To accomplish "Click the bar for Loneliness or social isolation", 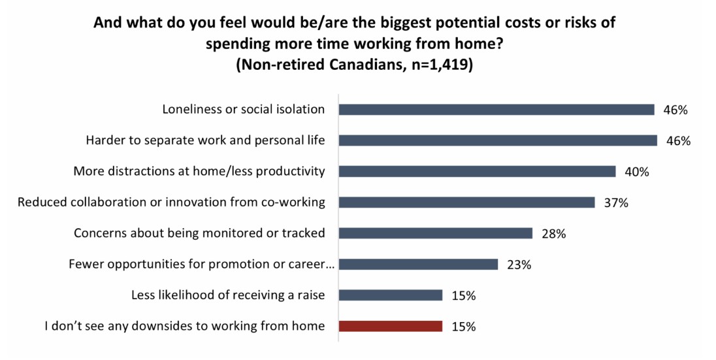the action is pos(496,110).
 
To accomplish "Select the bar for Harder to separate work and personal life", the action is pos(498,140).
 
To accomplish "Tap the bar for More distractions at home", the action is pos(477,171).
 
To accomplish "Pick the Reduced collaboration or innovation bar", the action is pos(466,203).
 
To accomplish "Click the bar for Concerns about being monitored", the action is pos(436,233).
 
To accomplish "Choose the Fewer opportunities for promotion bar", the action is pos(418,265).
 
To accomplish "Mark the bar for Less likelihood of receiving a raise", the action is pos(391,295).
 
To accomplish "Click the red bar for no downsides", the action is pos(391,326).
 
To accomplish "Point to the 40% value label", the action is pos(637,172).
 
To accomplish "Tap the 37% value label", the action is pos(616,203).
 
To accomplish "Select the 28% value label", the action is pos(554,234).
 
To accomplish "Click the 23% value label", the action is pos(519,265).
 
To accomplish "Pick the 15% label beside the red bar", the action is pos(464,327).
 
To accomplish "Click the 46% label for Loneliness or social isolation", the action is pos(675,110).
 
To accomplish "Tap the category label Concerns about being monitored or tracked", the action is pos(199,233).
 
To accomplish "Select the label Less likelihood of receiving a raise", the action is pos(228,295).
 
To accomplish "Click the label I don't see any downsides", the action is pos(185,326).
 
